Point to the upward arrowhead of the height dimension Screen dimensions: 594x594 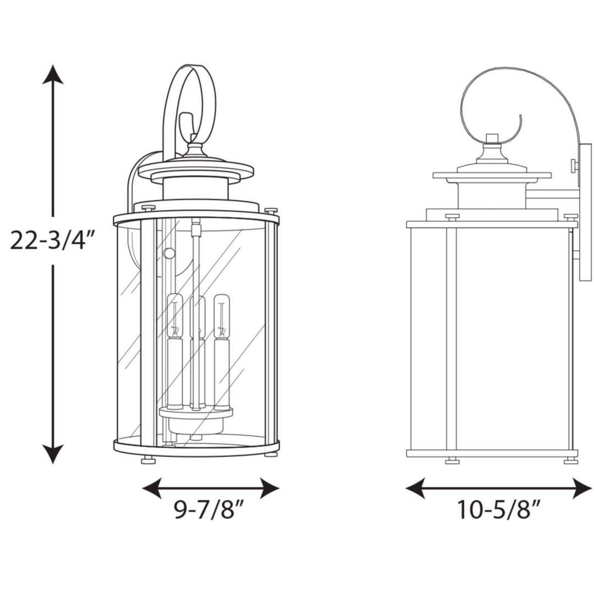[x=53, y=74]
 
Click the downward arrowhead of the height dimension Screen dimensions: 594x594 [x=53, y=454]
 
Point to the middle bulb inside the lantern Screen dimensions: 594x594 [x=198, y=317]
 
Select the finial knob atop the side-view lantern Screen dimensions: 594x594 [x=492, y=138]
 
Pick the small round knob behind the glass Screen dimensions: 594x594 [x=169, y=253]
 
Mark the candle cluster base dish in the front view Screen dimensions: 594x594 [x=196, y=413]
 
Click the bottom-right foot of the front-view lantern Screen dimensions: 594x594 [x=271, y=454]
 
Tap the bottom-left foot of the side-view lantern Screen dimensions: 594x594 [x=452, y=461]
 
